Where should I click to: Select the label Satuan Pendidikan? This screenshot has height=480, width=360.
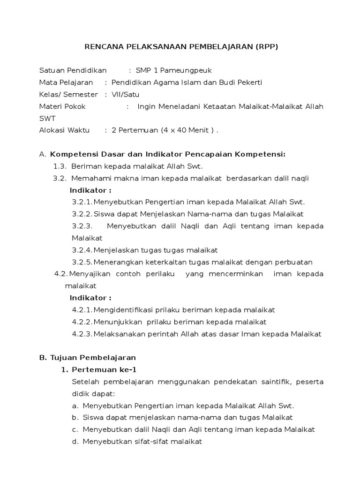(73, 71)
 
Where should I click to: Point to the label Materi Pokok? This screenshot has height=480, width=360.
(62, 106)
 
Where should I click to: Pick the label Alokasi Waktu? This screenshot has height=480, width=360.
(64, 130)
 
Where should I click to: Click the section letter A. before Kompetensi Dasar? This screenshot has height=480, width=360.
(43, 154)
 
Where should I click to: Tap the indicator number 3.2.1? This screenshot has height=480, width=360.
(82, 202)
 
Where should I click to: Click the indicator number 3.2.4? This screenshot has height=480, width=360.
(82, 250)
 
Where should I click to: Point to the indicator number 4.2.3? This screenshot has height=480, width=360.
(82, 334)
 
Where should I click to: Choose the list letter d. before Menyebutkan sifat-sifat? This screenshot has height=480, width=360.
(75, 442)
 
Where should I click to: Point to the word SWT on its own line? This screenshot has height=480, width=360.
(47, 119)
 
